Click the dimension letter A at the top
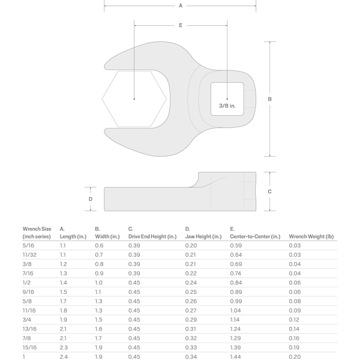pyautogui.click(x=181, y=6)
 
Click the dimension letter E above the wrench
pyautogui.click(x=181, y=25)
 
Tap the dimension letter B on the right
pyautogui.click(x=270, y=99)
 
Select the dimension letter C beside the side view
pyautogui.click(x=269, y=191)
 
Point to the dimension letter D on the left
pyautogui.click(x=91, y=199)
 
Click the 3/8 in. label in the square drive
pyautogui.click(x=227, y=106)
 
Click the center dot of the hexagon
pyautogui.click(x=134, y=99)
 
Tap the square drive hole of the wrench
pyautogui.click(x=227, y=99)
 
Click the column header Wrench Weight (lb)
pyautogui.click(x=311, y=236)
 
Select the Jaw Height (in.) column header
pyautogui.click(x=203, y=236)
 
